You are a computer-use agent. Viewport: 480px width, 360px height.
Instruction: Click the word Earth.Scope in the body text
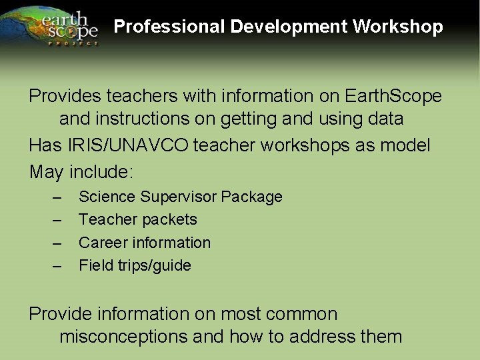393,96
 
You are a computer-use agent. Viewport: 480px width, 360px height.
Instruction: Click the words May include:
81,171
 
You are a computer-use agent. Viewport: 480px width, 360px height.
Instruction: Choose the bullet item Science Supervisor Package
180,197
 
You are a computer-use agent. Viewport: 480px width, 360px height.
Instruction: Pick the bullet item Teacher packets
137,219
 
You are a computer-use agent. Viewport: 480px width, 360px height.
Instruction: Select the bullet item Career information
144,243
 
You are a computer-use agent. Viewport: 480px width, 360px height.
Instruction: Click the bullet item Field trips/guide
135,265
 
